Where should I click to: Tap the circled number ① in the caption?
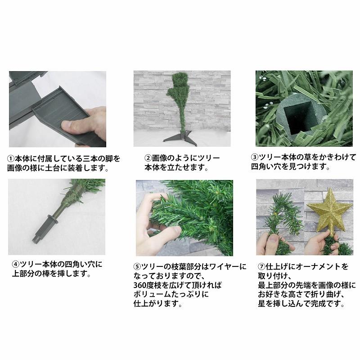pos(11,159)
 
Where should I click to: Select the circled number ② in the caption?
pos(148,158)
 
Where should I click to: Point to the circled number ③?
pos(255,157)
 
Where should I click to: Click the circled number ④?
pos(16,264)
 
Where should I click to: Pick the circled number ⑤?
pos(137,266)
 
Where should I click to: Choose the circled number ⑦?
pos(261,266)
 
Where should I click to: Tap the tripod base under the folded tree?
pos(180,138)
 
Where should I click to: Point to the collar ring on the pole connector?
pos(52,219)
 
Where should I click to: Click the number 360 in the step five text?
pos(140,285)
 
